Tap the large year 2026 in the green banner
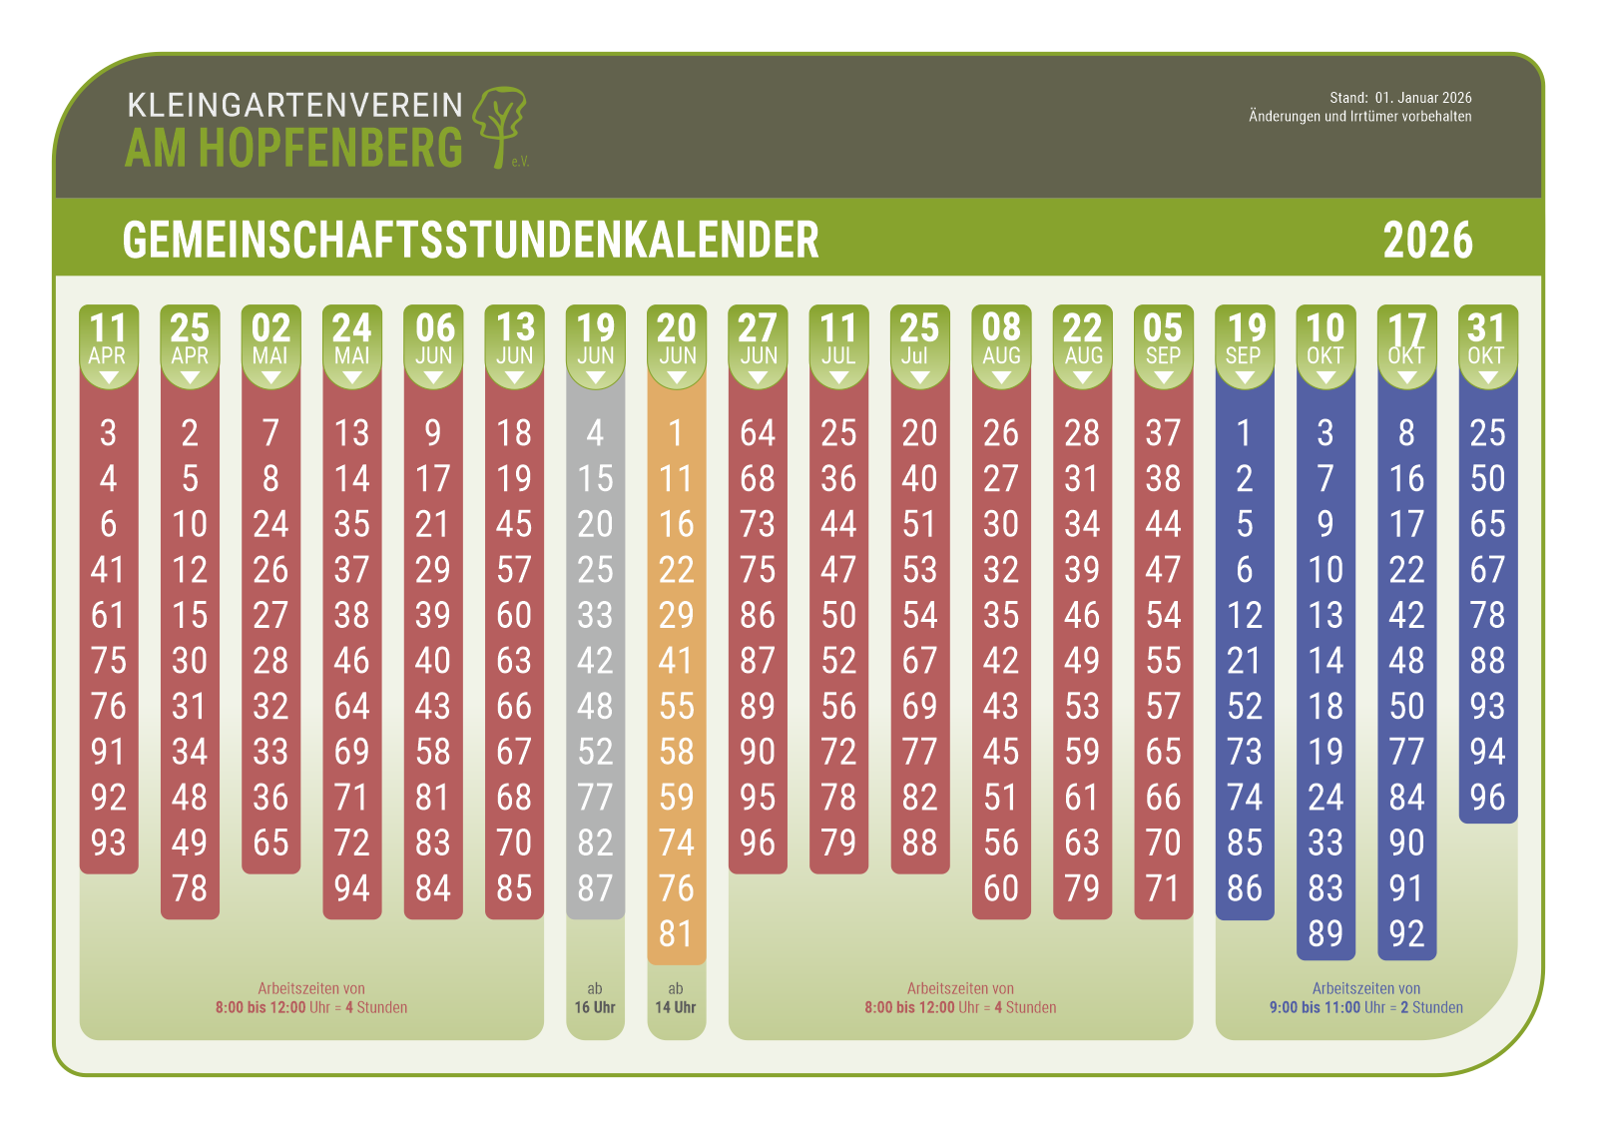point(1427,241)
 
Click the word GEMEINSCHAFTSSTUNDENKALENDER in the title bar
point(470,241)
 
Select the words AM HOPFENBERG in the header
point(294,149)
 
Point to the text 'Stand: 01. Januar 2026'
point(1399,98)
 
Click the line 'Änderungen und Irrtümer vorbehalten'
point(1359,117)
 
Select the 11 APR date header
point(108,340)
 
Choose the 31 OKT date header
point(1486,340)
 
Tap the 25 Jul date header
point(919,340)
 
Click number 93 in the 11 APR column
point(108,843)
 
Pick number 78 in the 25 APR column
point(190,888)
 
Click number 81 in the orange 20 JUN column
point(676,934)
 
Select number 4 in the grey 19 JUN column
point(595,433)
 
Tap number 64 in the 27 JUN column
point(758,433)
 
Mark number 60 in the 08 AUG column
point(1001,888)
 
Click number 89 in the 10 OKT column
point(1326,934)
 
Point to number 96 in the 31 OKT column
point(1487,798)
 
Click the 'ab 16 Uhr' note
point(595,998)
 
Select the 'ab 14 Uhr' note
point(676,998)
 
